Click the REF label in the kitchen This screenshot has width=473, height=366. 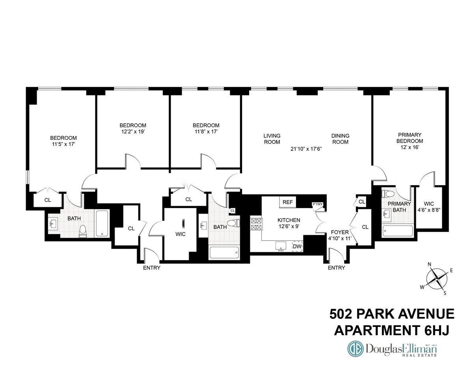point(287,202)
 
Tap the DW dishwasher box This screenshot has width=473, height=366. point(297,246)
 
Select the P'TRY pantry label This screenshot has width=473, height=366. point(317,205)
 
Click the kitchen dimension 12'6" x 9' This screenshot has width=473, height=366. point(289,227)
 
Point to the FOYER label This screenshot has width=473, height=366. point(339,232)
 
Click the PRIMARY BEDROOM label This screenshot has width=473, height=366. point(410,138)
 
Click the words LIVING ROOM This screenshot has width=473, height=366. point(272,139)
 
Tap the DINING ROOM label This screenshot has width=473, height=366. point(340,139)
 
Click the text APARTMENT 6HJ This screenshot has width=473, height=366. point(391,330)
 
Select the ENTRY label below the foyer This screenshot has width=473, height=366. point(336,268)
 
